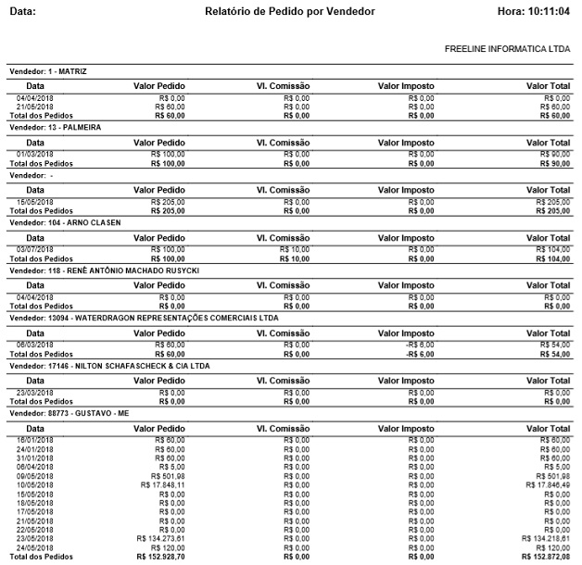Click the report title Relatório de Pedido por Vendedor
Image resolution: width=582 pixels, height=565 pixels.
tap(290, 11)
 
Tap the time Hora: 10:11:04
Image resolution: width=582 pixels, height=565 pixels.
tap(533, 11)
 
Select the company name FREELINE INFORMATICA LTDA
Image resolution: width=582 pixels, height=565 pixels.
tap(507, 47)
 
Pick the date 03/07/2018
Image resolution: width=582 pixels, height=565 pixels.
tap(35, 250)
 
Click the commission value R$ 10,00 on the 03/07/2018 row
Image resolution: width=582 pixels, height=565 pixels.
tap(297, 250)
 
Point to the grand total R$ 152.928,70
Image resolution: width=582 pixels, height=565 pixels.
tap(160, 557)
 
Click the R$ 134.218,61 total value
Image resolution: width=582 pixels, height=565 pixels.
tap(546, 537)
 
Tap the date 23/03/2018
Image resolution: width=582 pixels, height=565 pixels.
tap(35, 394)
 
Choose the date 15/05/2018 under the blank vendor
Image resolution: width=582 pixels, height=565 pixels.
tap(35, 202)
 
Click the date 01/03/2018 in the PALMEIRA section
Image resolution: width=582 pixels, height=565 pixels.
tap(35, 154)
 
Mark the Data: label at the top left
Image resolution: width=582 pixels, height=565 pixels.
tap(22, 11)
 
